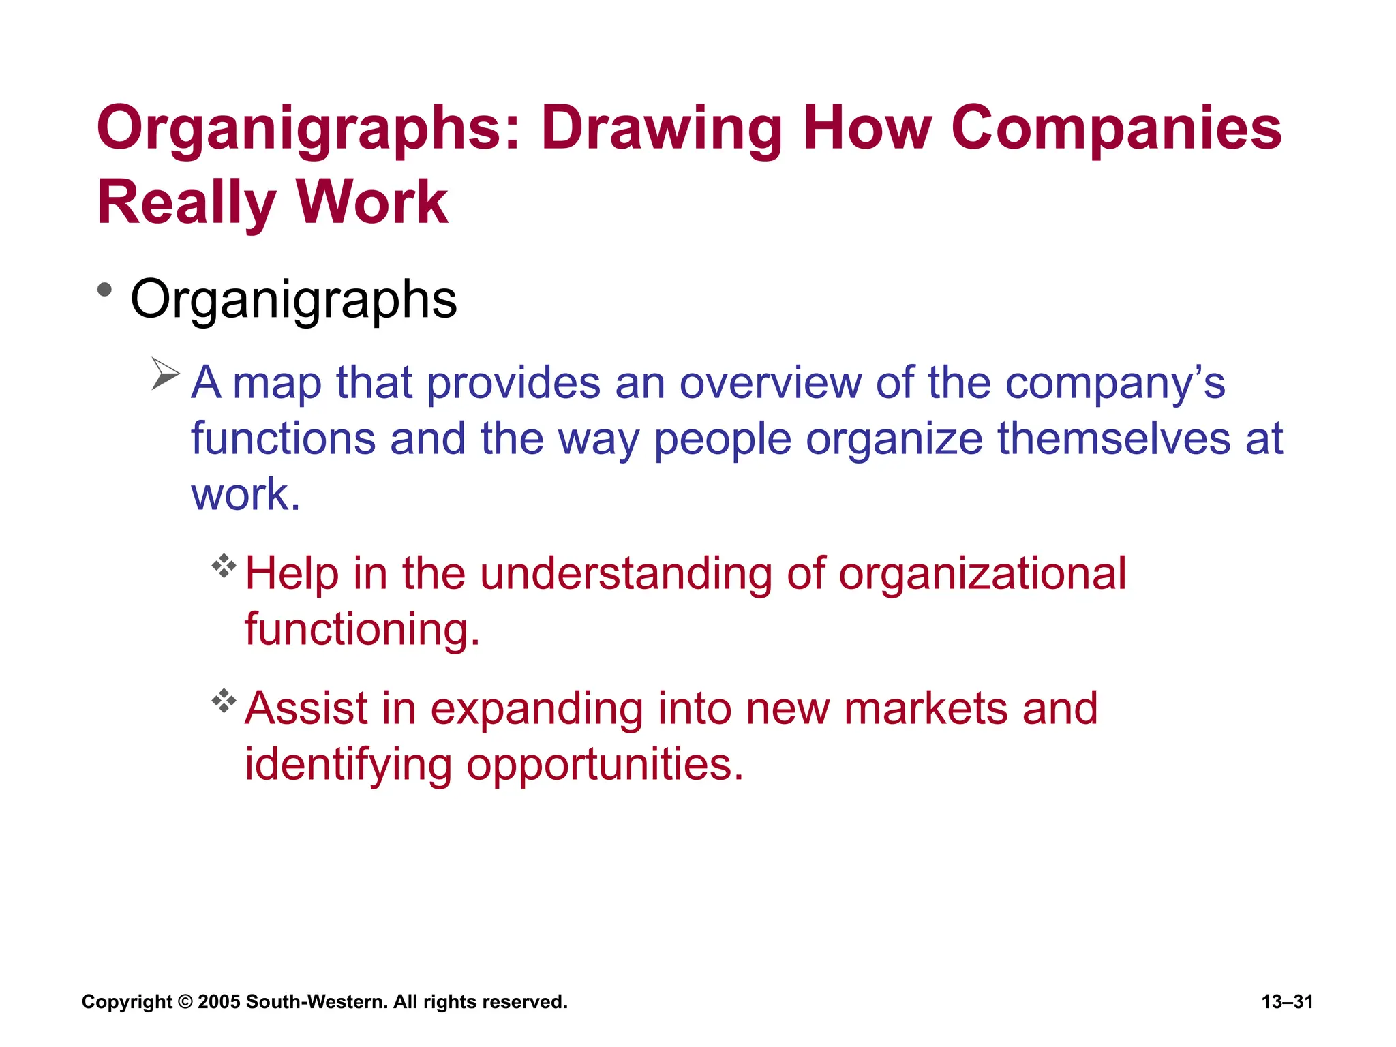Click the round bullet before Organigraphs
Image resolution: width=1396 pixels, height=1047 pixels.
click(104, 290)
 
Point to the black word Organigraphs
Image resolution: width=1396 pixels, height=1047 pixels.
click(293, 300)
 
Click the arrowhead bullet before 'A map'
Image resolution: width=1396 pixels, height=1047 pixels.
click(165, 374)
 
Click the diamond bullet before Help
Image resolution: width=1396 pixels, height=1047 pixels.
click(224, 566)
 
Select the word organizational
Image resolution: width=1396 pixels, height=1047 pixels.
click(982, 574)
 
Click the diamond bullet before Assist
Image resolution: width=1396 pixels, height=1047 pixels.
click(224, 701)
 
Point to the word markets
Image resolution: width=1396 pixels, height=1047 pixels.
click(925, 708)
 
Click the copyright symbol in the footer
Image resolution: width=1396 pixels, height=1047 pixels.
click(185, 1002)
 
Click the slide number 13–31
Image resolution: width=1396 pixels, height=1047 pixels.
click(1287, 1002)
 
